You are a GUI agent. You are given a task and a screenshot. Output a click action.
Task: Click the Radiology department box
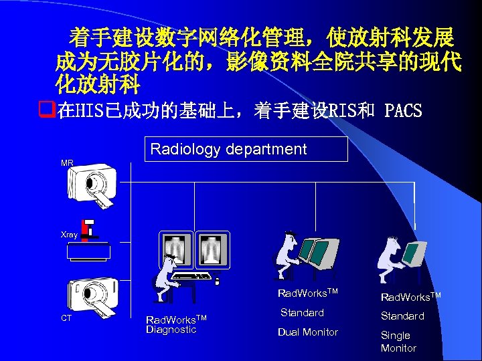(x=246, y=149)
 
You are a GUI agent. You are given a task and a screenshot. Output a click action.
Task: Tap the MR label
(x=67, y=163)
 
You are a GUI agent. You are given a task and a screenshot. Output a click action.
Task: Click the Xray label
(x=69, y=235)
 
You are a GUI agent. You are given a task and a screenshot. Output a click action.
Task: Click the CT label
(x=66, y=318)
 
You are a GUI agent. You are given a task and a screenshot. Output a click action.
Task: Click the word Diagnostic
(x=171, y=330)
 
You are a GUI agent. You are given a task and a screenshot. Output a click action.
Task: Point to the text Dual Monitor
(x=309, y=332)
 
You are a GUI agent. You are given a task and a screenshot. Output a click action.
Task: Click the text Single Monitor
(x=398, y=342)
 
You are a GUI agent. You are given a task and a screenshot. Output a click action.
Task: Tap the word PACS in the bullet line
(x=404, y=110)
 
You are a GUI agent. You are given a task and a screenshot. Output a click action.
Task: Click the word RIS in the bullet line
(x=338, y=110)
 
